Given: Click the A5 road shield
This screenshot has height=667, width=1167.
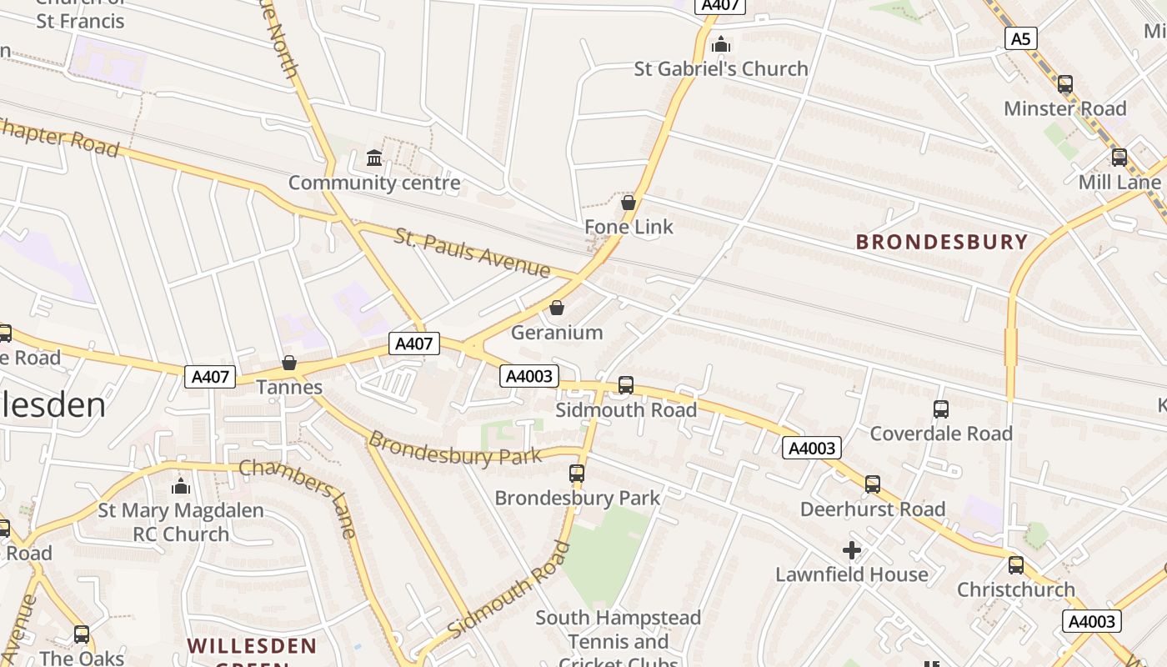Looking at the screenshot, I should (1021, 38).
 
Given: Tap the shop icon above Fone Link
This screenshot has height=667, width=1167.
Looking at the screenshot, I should (629, 202).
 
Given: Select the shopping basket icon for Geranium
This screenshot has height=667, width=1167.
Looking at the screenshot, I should (557, 308).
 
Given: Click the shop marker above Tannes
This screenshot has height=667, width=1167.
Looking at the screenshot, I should (289, 363).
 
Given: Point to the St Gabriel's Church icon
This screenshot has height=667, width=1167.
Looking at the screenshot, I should (721, 44).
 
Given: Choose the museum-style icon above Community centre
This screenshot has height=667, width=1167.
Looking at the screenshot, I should (374, 158).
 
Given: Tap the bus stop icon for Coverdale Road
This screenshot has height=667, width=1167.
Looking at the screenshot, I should (941, 409).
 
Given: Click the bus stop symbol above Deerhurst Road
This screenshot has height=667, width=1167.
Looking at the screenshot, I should (873, 484).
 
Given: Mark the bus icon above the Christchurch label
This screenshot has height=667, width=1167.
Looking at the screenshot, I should (1016, 565).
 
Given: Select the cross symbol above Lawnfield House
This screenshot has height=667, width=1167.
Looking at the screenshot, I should (851, 550).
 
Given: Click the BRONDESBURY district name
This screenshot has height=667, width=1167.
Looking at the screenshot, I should (942, 242).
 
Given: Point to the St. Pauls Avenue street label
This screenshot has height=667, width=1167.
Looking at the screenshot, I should (473, 253).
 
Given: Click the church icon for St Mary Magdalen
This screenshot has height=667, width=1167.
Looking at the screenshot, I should (181, 486).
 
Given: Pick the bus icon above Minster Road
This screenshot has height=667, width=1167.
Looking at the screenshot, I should (1064, 84).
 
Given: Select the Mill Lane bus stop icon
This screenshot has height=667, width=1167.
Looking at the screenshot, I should (1119, 158).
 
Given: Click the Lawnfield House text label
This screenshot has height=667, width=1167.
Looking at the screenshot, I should (851, 574).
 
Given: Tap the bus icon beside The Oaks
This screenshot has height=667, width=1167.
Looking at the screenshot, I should (81, 634).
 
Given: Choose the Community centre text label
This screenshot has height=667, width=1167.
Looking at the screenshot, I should (374, 183).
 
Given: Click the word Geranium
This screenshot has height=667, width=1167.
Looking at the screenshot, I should (557, 333).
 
